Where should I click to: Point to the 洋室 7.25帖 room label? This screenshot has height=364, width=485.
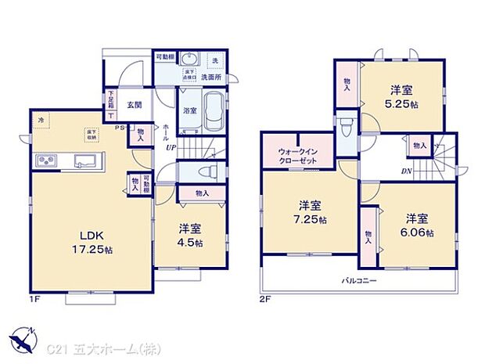[310, 212]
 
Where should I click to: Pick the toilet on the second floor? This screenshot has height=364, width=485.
[347, 127]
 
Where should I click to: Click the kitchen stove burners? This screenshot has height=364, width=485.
[45, 162]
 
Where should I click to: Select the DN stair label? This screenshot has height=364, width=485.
[406, 171]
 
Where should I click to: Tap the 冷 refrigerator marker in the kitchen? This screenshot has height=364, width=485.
[41, 120]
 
